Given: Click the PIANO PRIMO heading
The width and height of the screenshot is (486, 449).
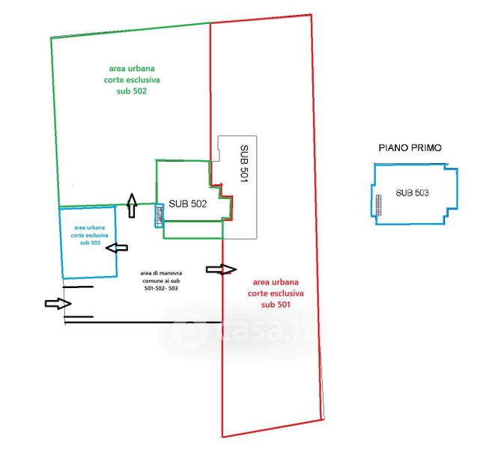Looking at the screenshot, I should tap(409, 148).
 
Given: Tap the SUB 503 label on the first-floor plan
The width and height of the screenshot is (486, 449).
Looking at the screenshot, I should tap(413, 193).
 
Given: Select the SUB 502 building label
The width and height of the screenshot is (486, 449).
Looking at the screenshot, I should tap(187, 204).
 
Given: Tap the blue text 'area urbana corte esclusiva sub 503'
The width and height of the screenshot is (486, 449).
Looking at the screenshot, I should tap(89, 234).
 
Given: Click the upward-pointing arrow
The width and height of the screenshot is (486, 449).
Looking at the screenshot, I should tap(133, 204).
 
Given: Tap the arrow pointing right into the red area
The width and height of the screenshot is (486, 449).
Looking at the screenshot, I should tap(222, 269).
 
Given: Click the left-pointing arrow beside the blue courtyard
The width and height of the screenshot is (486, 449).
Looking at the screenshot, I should tap(118, 248).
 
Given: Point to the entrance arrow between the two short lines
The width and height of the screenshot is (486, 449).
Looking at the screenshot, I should tap(58, 303).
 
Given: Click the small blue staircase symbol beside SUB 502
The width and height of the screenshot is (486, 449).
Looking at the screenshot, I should tap(159, 216).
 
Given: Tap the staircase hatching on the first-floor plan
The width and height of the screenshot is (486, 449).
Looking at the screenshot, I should tap(378, 204).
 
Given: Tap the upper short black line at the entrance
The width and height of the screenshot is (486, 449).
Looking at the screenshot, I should tap(78, 287).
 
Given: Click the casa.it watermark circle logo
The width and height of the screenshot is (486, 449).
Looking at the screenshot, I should tap(186, 330).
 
